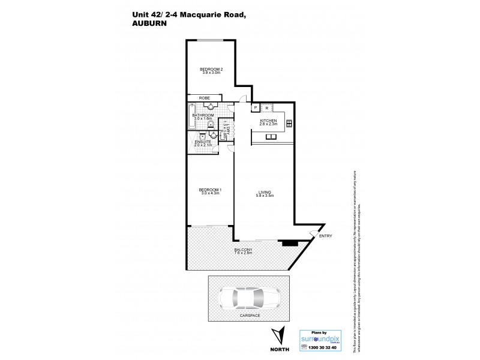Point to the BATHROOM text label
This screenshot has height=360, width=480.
tap(203, 116)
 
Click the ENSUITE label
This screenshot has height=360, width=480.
tap(203, 143)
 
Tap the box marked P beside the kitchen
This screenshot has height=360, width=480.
tap(256, 107)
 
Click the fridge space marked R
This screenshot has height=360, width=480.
tap(266, 107)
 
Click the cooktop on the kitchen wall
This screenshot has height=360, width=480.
tap(289, 124)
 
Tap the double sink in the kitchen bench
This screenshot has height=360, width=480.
tap(271, 137)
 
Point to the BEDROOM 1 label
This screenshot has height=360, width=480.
tap(211, 191)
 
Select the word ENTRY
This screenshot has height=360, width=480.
tap(326, 236)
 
